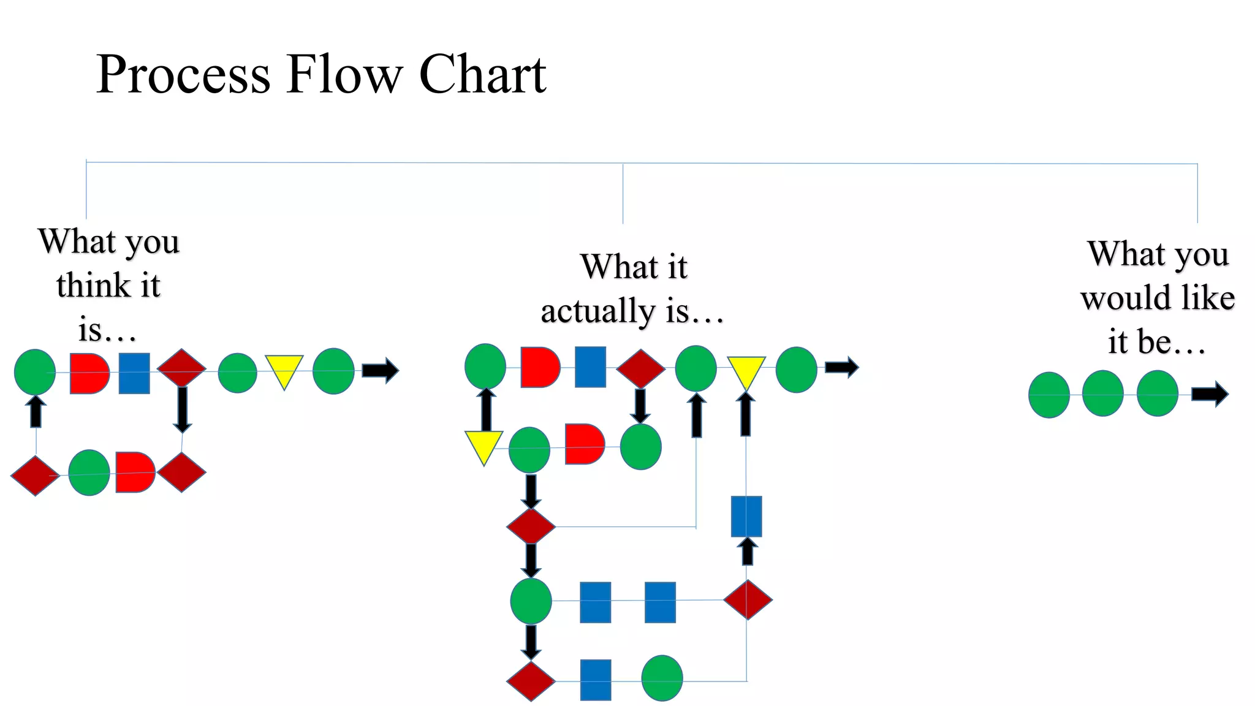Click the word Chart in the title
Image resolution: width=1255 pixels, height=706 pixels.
click(x=482, y=74)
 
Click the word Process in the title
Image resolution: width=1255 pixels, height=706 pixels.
click(x=183, y=75)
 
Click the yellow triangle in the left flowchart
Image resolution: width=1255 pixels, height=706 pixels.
click(x=284, y=370)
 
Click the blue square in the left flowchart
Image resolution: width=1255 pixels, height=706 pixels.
click(x=134, y=373)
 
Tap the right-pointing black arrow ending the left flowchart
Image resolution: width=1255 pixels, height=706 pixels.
click(x=380, y=370)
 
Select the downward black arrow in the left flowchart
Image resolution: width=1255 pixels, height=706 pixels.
click(x=182, y=409)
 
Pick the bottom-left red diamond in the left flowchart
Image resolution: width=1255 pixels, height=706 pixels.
click(x=35, y=475)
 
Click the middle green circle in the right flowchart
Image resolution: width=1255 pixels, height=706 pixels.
click(x=1102, y=393)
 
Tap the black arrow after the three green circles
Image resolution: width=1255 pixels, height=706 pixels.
click(x=1209, y=394)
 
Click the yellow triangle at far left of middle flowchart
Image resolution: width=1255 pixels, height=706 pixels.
click(x=483, y=446)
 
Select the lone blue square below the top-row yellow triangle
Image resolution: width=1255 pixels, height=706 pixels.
click(x=746, y=516)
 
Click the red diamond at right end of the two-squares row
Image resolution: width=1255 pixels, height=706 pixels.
click(x=747, y=599)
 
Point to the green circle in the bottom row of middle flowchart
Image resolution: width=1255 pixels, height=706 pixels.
click(x=662, y=678)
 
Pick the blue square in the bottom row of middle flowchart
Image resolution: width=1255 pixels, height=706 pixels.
click(x=595, y=680)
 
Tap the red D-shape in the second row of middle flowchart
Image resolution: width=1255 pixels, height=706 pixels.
click(x=583, y=444)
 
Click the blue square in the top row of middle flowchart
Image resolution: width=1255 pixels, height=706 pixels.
click(x=590, y=367)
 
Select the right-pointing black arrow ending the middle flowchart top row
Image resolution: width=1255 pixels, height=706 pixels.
click(x=841, y=367)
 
